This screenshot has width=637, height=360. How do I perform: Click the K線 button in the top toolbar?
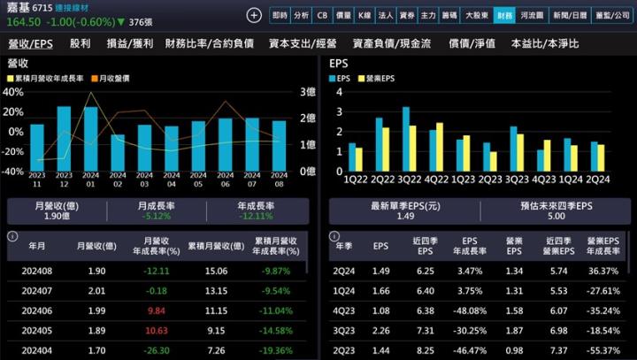tap(364, 15)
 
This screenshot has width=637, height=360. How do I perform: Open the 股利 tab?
tap(80, 43)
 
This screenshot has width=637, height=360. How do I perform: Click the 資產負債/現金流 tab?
tap(391, 43)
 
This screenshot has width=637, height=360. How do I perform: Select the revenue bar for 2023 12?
tap(64, 138)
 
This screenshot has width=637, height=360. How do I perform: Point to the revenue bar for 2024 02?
tap(118, 152)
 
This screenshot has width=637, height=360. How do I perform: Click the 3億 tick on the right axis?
tap(308, 91)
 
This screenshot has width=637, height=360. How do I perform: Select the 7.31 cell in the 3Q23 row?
tap(426, 330)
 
